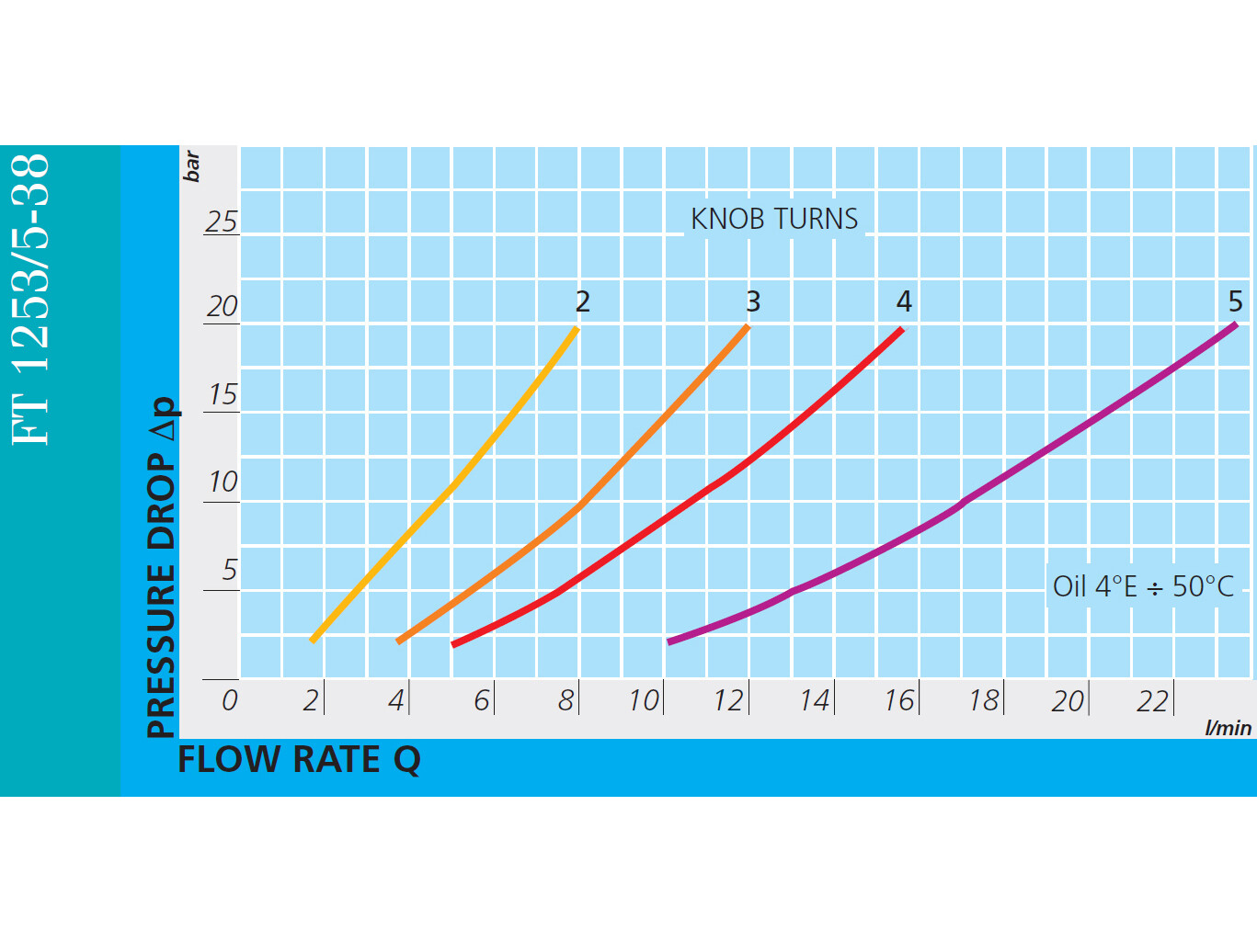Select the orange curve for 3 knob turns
(579, 505)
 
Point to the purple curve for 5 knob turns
(961, 503)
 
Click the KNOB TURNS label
(774, 219)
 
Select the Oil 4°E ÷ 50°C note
(1143, 586)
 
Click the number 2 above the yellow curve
(583, 301)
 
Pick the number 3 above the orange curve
(753, 301)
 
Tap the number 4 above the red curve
(904, 301)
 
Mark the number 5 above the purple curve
(1235, 301)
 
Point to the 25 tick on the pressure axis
(222, 221)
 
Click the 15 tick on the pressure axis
(223, 394)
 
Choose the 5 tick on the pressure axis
(229, 570)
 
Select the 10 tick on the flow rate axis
(644, 700)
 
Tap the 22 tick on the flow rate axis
(1152, 700)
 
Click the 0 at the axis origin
(229, 700)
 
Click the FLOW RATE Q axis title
(299, 760)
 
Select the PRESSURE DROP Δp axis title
(162, 568)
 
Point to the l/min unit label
(1228, 728)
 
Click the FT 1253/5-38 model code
(29, 300)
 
